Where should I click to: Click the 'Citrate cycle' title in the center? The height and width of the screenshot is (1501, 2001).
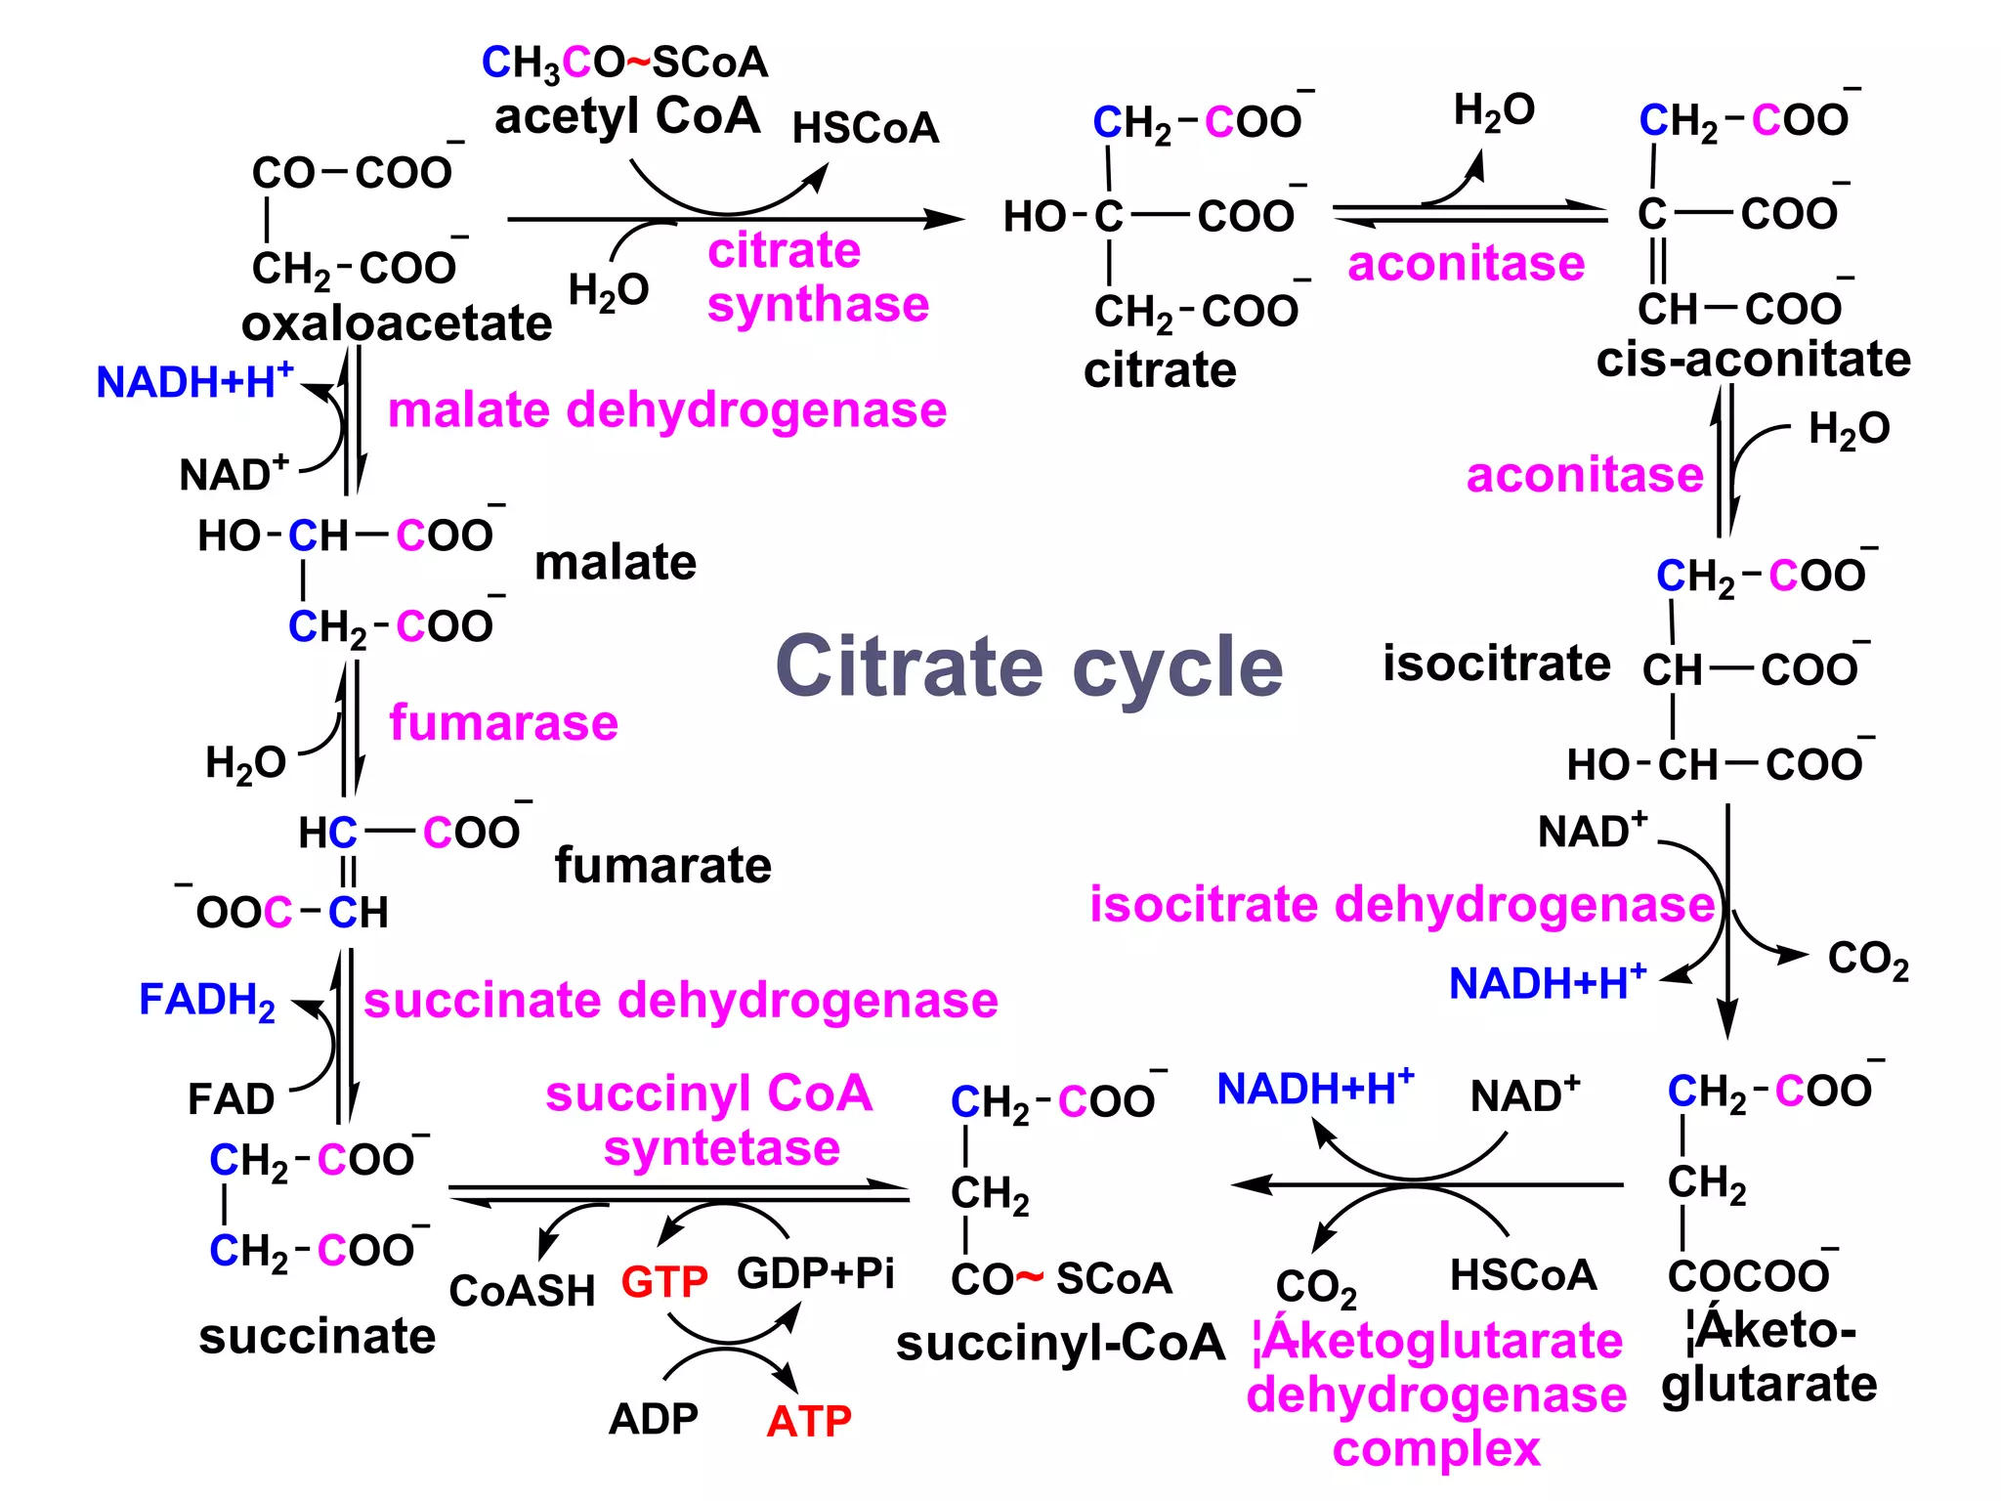pos(1029,666)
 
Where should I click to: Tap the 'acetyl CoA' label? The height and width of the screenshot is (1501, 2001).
pos(626,116)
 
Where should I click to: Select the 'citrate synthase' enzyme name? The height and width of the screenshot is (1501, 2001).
pos(817,278)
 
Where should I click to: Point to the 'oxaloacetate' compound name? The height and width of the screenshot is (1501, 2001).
pos(397,323)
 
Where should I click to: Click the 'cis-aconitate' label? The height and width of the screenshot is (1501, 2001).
pos(1753,360)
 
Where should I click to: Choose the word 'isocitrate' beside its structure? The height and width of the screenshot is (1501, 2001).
pos(1496,665)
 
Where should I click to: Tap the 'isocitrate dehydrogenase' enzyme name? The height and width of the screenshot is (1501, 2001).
pos(1401,904)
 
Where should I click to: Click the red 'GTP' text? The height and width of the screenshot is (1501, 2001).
pos(664,1281)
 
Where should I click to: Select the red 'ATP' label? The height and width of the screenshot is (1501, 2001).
pos(809,1421)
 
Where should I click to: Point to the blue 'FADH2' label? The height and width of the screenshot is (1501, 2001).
pos(207,1001)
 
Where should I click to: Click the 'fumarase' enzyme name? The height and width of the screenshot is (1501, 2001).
pos(503,723)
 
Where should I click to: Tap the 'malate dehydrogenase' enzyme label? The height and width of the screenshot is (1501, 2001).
pos(667,409)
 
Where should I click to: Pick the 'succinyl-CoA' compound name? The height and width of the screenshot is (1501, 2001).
pos(1060,1343)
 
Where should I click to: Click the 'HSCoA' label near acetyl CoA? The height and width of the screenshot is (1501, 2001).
pos(866,128)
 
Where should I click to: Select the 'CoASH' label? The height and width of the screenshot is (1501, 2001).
pos(522,1291)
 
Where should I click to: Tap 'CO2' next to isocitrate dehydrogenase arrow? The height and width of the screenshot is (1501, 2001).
pos(1867,960)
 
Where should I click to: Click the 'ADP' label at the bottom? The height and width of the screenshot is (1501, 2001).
pos(653,1419)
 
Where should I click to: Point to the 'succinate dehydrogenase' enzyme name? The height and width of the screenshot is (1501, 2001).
pos(681,1001)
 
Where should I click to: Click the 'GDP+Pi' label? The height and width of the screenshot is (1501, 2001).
pos(815,1273)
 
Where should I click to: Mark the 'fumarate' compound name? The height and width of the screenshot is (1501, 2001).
pos(662,866)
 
